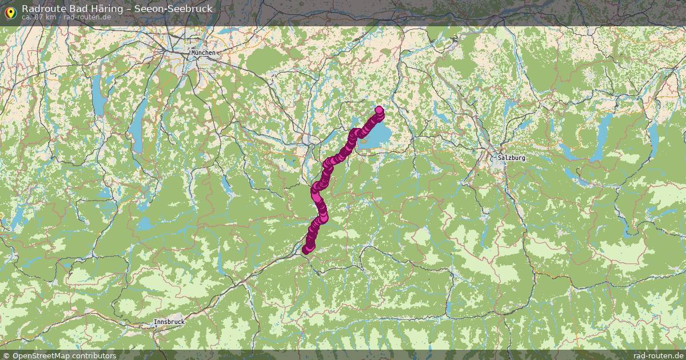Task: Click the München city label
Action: (204, 53)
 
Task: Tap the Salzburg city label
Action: (511, 158)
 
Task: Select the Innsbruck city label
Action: (169, 322)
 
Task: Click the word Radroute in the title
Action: (42, 9)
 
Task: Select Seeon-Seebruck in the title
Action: (173, 9)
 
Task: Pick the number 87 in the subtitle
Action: (39, 17)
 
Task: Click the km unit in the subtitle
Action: (51, 17)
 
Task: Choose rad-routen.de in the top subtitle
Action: (87, 17)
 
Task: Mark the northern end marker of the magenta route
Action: (378, 110)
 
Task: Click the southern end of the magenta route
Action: (306, 249)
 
